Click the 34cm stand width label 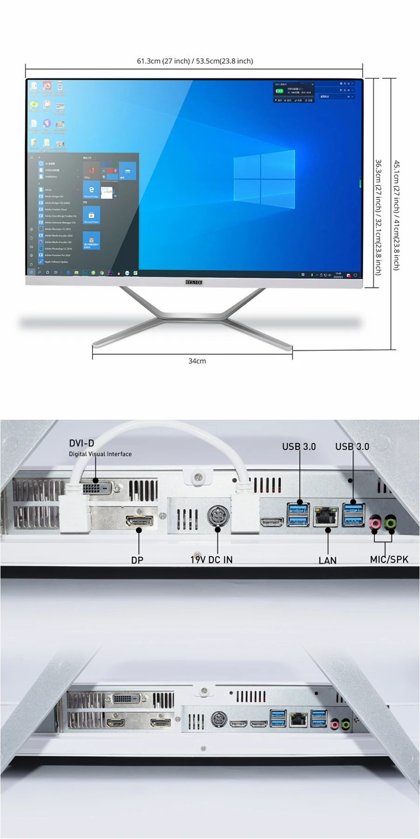197,361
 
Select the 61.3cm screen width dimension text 195,61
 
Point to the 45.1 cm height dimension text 396,215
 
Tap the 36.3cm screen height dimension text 378,217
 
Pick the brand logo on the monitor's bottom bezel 194,282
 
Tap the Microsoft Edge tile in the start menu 91,190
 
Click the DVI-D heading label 81,443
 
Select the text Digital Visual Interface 100,454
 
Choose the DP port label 137,560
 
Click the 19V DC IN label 211,560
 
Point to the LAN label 327,561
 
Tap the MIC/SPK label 389,559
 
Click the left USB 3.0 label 298,447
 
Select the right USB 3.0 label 352,447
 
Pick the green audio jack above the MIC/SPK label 391,524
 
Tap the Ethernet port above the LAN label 325,517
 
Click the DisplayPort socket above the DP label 139,521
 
